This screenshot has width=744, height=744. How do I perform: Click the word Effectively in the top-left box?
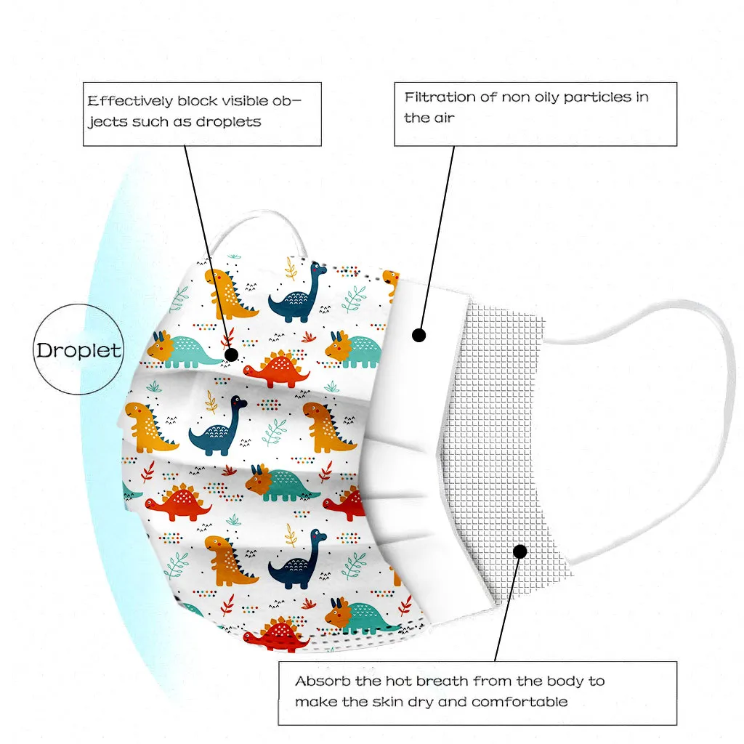(x=130, y=102)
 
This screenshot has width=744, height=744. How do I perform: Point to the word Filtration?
(x=440, y=97)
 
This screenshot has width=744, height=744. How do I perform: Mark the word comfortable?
(x=519, y=702)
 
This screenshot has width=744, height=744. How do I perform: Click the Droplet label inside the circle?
(x=79, y=350)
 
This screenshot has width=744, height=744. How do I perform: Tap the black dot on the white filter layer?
(x=418, y=335)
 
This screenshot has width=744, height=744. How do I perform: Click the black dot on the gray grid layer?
(x=519, y=551)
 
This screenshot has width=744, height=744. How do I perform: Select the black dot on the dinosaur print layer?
(x=232, y=355)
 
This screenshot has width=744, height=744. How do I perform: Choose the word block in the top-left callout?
(x=196, y=102)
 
